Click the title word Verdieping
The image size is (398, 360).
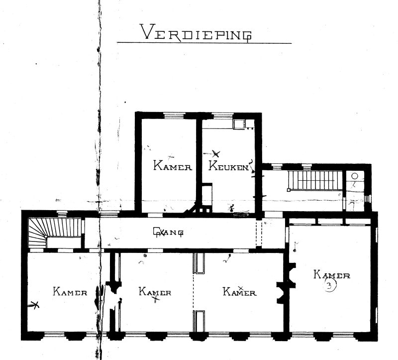pyautogui.click(x=196, y=32)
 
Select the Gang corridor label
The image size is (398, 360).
pyautogui.click(x=168, y=232)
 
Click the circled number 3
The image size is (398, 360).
pyautogui.click(x=329, y=286)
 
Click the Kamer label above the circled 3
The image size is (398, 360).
pyautogui.click(x=332, y=275)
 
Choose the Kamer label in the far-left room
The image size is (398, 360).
pyautogui.click(x=70, y=291)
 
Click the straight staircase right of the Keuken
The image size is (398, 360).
pyautogui.click(x=315, y=180)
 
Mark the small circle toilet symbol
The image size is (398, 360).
pyautogui.click(x=355, y=176)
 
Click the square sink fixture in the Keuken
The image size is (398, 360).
pyautogui.click(x=239, y=124)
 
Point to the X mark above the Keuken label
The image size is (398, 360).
pyautogui.click(x=216, y=153)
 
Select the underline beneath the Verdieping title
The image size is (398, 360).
pyautogui.click(x=204, y=43)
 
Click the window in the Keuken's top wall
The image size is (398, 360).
pyautogui.click(x=222, y=116)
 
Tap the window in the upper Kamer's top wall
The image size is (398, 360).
pyautogui.click(x=174, y=116)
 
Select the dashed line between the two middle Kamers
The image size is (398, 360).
pyautogui.click(x=194, y=292)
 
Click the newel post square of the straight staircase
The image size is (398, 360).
pyautogui.click(x=289, y=190)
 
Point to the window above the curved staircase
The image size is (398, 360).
pyautogui.click(x=62, y=214)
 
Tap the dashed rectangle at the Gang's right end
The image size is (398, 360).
pyautogui.click(x=259, y=234)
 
